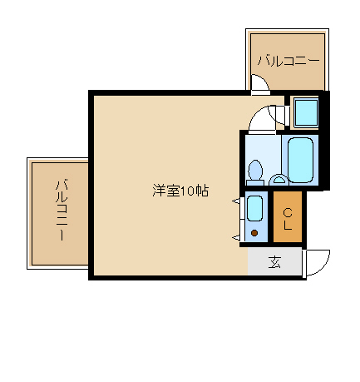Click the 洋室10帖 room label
click(180, 191)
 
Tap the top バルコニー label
click(288, 60)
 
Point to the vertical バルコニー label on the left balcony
click(62, 211)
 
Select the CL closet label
click(288, 219)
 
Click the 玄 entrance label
click(274, 262)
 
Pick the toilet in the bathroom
click(255, 172)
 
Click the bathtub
click(300, 161)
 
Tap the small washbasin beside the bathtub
click(279, 180)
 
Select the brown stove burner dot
click(254, 233)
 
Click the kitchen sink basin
click(254, 208)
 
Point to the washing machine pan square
click(306, 112)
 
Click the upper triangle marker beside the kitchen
click(236, 201)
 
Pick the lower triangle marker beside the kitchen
click(236, 237)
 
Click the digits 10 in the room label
click(188, 191)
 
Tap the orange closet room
click(288, 216)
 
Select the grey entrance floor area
click(274, 261)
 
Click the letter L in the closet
click(288, 226)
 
